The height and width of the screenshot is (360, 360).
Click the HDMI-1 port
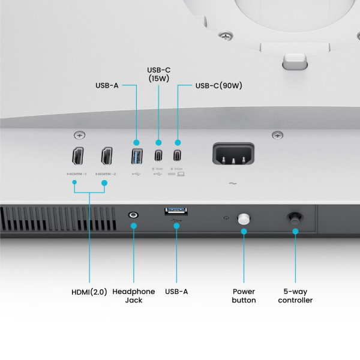[x=77, y=157]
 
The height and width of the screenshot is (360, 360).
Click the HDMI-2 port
[x=107, y=157]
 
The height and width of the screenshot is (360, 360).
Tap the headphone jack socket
[x=133, y=214]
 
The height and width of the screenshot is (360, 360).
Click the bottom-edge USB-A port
[x=176, y=211]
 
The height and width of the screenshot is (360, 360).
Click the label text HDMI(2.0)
[x=89, y=292]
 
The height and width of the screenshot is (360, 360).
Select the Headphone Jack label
[x=133, y=296]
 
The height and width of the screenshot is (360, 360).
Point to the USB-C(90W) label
[x=218, y=86]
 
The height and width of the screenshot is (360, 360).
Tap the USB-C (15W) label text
[x=159, y=74]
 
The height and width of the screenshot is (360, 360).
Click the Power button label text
[x=244, y=296]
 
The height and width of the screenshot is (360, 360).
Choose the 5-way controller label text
[x=295, y=296]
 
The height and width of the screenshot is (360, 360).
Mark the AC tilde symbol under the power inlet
[x=232, y=183]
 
